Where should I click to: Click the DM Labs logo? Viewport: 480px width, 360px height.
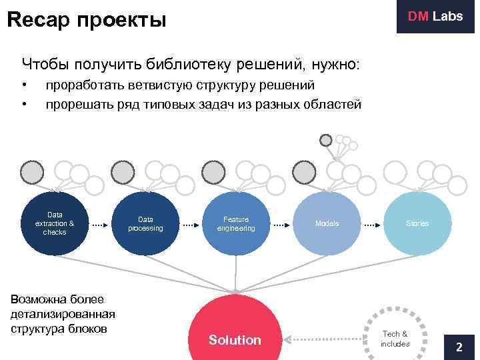(435, 17)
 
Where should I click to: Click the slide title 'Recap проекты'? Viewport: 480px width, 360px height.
(86, 19)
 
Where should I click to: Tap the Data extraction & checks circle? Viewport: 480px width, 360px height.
(55, 224)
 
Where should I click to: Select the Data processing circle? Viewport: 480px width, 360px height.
(145, 224)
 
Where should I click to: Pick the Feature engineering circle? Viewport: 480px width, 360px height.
(236, 224)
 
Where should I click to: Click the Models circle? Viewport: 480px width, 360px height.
(327, 224)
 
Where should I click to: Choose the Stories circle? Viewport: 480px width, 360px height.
(417, 224)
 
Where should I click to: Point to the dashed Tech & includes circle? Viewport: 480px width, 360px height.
(395, 337)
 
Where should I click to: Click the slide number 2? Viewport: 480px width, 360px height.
(459, 347)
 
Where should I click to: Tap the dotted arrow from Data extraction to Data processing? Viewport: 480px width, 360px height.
(100, 225)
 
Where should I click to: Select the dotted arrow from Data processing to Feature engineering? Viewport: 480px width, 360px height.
(191, 225)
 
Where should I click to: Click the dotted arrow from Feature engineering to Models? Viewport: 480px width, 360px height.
(281, 225)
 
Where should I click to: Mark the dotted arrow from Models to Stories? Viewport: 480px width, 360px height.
(372, 225)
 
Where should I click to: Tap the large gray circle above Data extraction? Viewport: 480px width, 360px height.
(31, 173)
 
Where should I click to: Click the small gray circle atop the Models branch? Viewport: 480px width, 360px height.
(325, 140)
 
